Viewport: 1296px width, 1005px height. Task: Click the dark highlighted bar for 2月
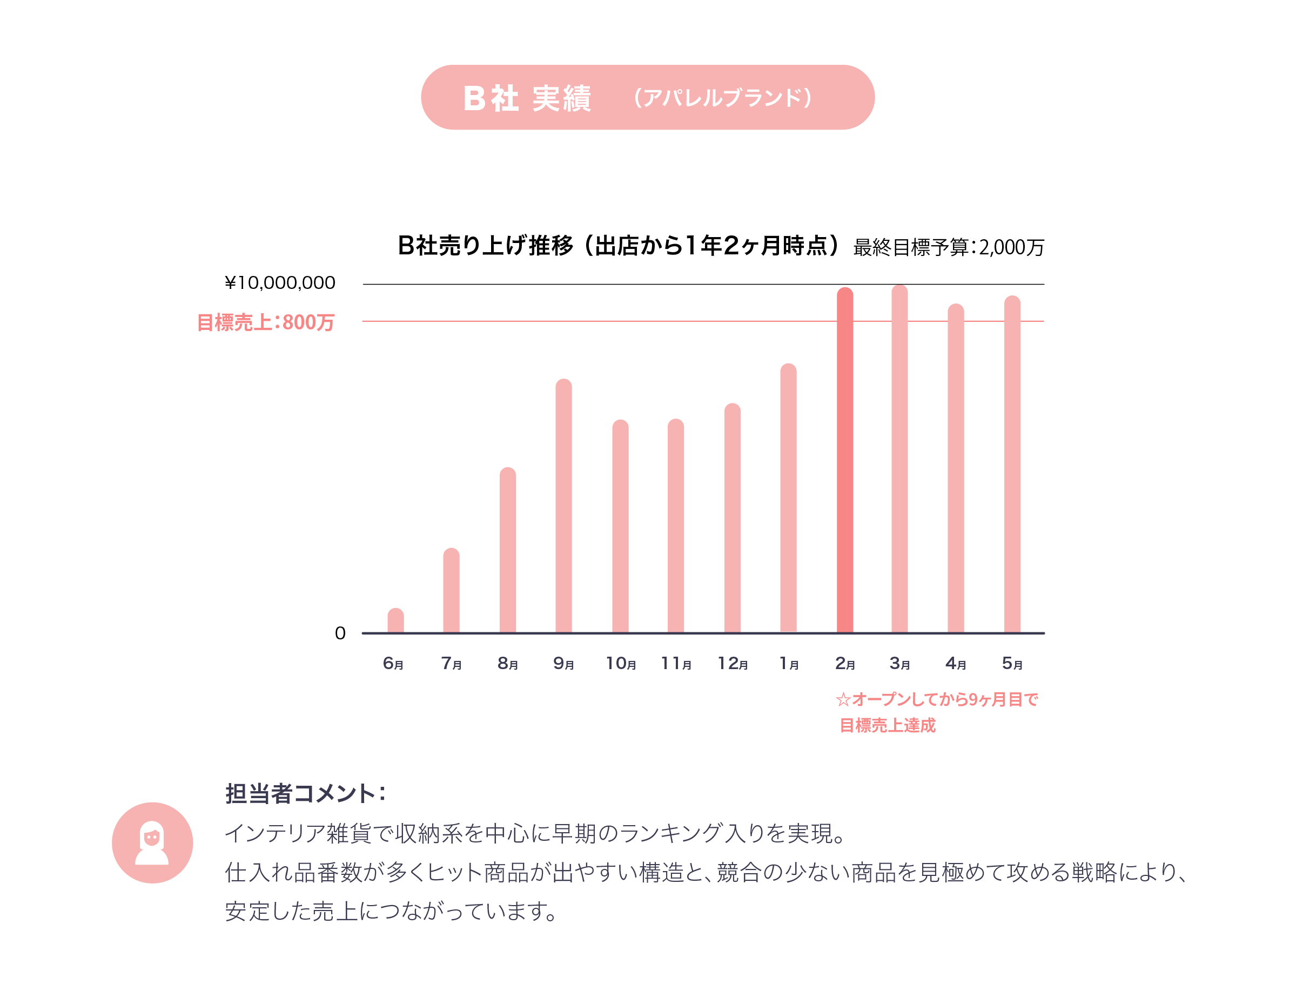tap(844, 460)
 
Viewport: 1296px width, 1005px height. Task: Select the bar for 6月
tap(396, 620)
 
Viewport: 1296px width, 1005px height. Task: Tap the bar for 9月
tap(564, 505)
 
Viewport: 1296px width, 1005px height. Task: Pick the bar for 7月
tap(451, 590)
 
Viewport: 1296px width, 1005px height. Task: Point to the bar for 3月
tap(899, 458)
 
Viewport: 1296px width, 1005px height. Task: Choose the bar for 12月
tap(732, 518)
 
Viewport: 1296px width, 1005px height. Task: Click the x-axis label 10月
tap(621, 663)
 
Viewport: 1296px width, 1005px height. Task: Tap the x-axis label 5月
tap(1012, 663)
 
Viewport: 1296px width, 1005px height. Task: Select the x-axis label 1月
tap(789, 663)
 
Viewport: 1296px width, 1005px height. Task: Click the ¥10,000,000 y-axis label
tap(279, 283)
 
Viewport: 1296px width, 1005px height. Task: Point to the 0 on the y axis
tap(340, 633)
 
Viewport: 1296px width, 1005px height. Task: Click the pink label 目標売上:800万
tap(265, 322)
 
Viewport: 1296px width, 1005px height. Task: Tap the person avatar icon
tap(152, 842)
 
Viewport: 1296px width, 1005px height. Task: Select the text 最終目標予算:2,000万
tap(948, 247)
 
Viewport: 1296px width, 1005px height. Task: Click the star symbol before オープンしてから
tap(843, 700)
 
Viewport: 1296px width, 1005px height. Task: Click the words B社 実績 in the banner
tap(527, 98)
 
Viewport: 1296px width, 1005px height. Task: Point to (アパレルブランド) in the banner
tap(723, 98)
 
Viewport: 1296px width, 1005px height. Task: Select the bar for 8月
tap(507, 550)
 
